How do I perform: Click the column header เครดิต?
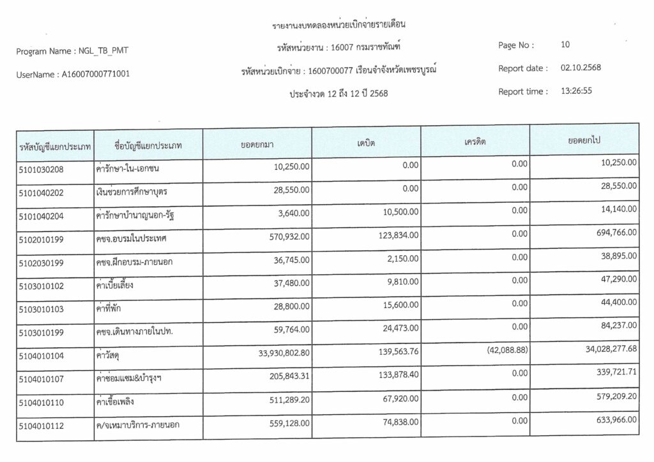click(475, 142)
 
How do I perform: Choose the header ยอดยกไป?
click(584, 140)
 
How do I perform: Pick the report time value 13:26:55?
click(576, 91)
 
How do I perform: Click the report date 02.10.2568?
click(581, 68)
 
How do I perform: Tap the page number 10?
click(565, 45)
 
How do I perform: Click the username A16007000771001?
click(96, 74)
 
